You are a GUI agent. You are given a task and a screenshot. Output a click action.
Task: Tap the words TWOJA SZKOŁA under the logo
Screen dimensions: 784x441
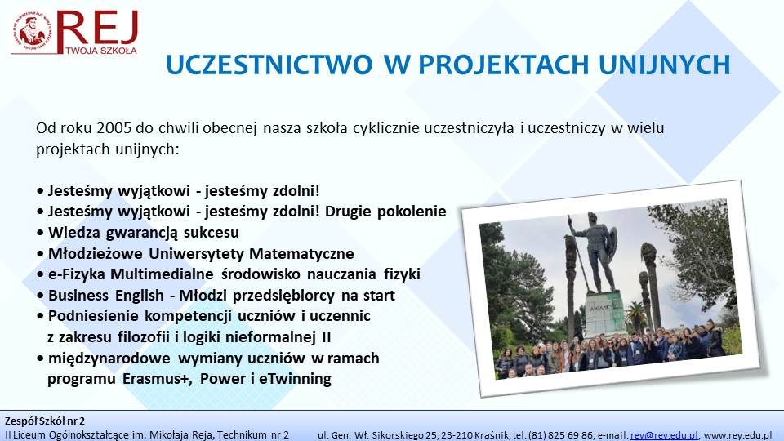(101, 50)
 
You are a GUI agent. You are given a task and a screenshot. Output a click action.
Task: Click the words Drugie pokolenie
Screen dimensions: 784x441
(385, 212)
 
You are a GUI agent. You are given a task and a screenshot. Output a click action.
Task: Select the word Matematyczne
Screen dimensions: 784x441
(301, 253)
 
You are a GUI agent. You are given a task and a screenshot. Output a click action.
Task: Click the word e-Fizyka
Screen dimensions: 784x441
(77, 274)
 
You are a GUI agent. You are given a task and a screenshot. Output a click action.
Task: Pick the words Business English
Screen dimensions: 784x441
(106, 296)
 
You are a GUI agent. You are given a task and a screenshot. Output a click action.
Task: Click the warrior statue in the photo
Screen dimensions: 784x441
(596, 250)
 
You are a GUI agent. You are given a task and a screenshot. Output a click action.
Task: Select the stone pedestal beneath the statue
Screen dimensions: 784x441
(605, 314)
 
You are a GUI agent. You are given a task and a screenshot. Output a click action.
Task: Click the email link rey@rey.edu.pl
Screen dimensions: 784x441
(664, 435)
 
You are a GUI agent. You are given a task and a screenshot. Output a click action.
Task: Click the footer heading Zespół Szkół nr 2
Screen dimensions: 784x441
(45, 421)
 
